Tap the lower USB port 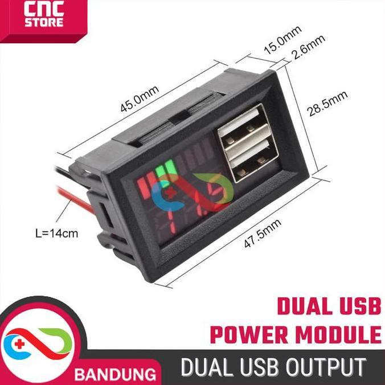(249, 166)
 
